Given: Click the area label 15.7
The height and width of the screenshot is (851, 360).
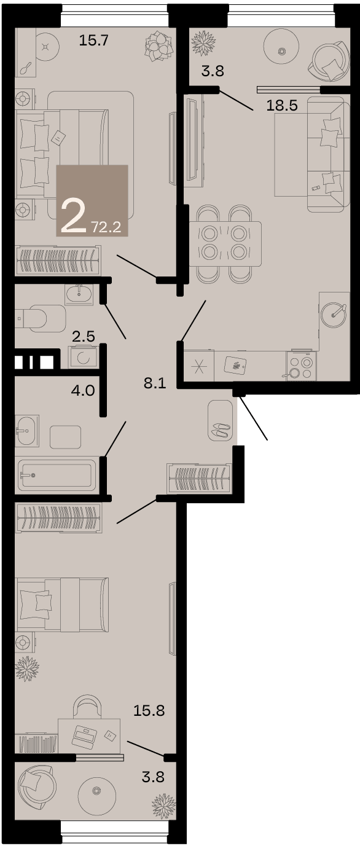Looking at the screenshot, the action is pos(94,40).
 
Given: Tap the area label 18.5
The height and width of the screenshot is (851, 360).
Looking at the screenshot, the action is pos(282,105).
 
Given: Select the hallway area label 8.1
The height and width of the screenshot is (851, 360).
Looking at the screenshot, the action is pos(155,383).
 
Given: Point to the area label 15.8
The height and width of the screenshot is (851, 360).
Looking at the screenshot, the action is pos(149,710).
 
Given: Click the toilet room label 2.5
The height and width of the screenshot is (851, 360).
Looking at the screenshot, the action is pos(84,336).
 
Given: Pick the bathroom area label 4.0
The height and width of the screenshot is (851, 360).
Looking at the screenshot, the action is pos(83,391).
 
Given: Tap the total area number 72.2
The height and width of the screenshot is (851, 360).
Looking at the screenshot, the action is pos(106,227).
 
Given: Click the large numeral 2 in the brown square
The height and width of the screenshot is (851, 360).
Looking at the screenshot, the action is pos(74,216).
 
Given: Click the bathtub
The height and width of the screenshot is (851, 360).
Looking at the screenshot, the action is pos(57,475).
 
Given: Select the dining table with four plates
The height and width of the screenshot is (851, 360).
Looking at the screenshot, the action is pos(225,243).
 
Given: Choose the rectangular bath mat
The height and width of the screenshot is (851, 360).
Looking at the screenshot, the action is pos(65,437).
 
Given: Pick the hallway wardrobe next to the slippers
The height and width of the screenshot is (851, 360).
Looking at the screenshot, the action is pos(199,479).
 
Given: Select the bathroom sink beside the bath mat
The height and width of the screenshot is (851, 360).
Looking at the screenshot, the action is pos(26,431).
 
